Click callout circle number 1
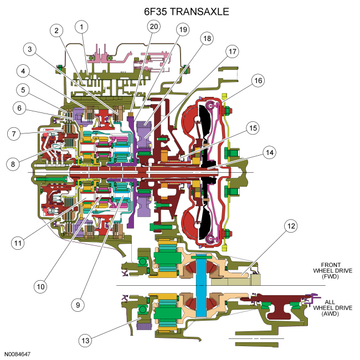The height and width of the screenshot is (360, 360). click(x=82, y=27)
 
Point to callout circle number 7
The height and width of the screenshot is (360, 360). click(x=14, y=133)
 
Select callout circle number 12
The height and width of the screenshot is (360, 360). click(x=291, y=225)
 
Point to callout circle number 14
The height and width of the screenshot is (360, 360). click(x=270, y=151)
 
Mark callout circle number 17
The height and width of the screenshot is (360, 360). click(x=231, y=52)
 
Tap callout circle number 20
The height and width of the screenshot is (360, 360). click(x=153, y=26)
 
